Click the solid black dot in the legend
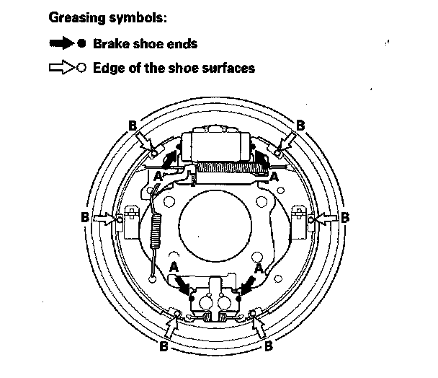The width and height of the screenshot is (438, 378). coord(84,43)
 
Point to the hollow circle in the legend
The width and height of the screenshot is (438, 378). coord(84,69)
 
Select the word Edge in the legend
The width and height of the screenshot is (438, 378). coord(106,69)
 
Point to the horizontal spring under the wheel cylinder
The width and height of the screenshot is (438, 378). coord(224,169)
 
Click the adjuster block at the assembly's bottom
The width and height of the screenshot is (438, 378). coord(215,299)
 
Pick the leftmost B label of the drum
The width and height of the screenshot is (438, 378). coord(85,216)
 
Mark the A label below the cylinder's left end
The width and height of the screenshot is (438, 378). coord(157,175)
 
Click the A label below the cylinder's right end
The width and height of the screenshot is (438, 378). coord(274,175)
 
